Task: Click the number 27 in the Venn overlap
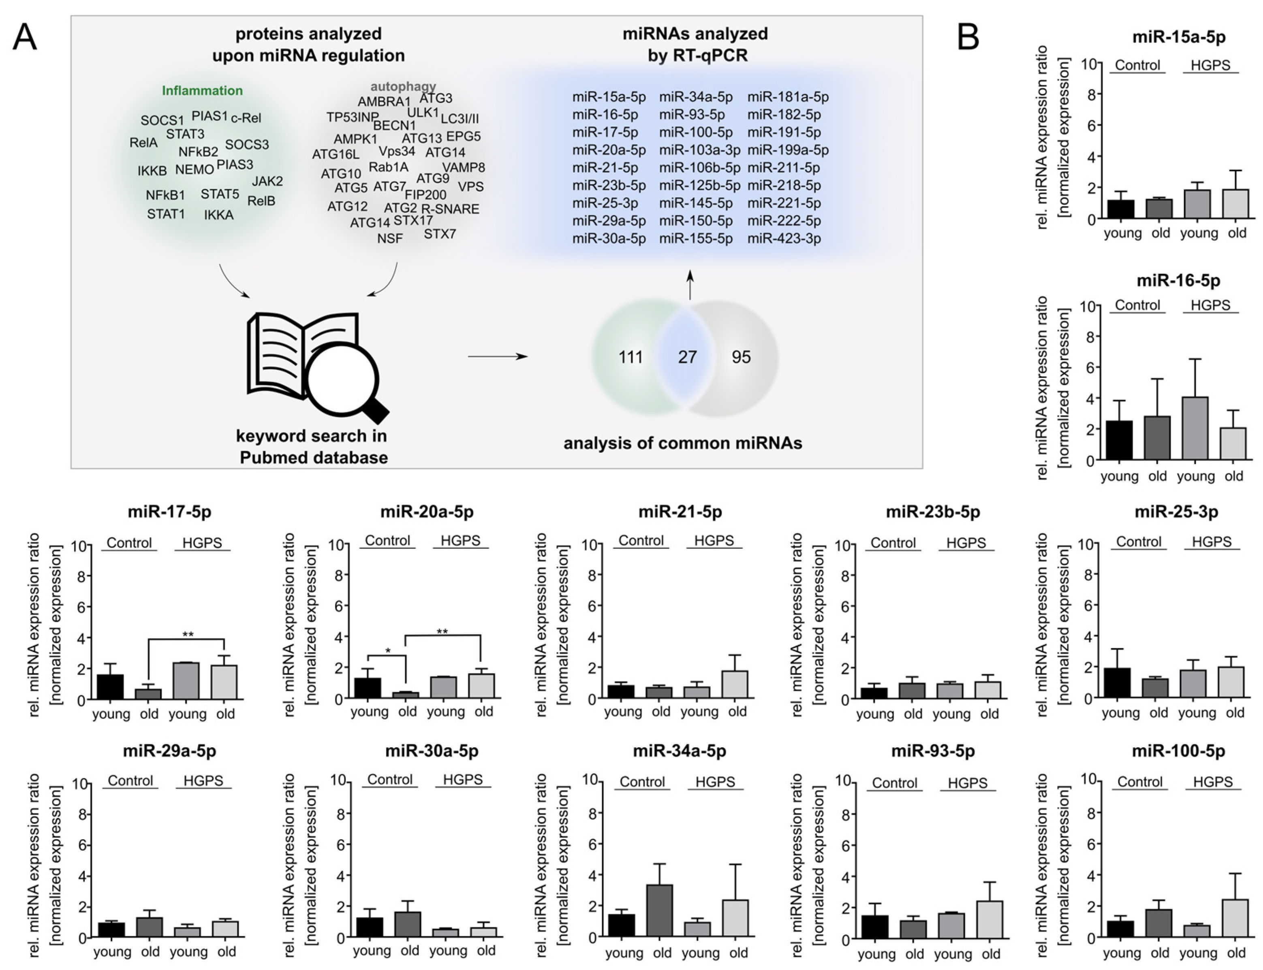pos(687,357)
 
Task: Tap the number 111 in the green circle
pos(630,357)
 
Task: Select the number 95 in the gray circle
pos(741,357)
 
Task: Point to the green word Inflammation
pos(202,91)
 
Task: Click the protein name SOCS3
pos(247,144)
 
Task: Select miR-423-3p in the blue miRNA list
pos(784,239)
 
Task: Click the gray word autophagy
pos(403,87)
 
